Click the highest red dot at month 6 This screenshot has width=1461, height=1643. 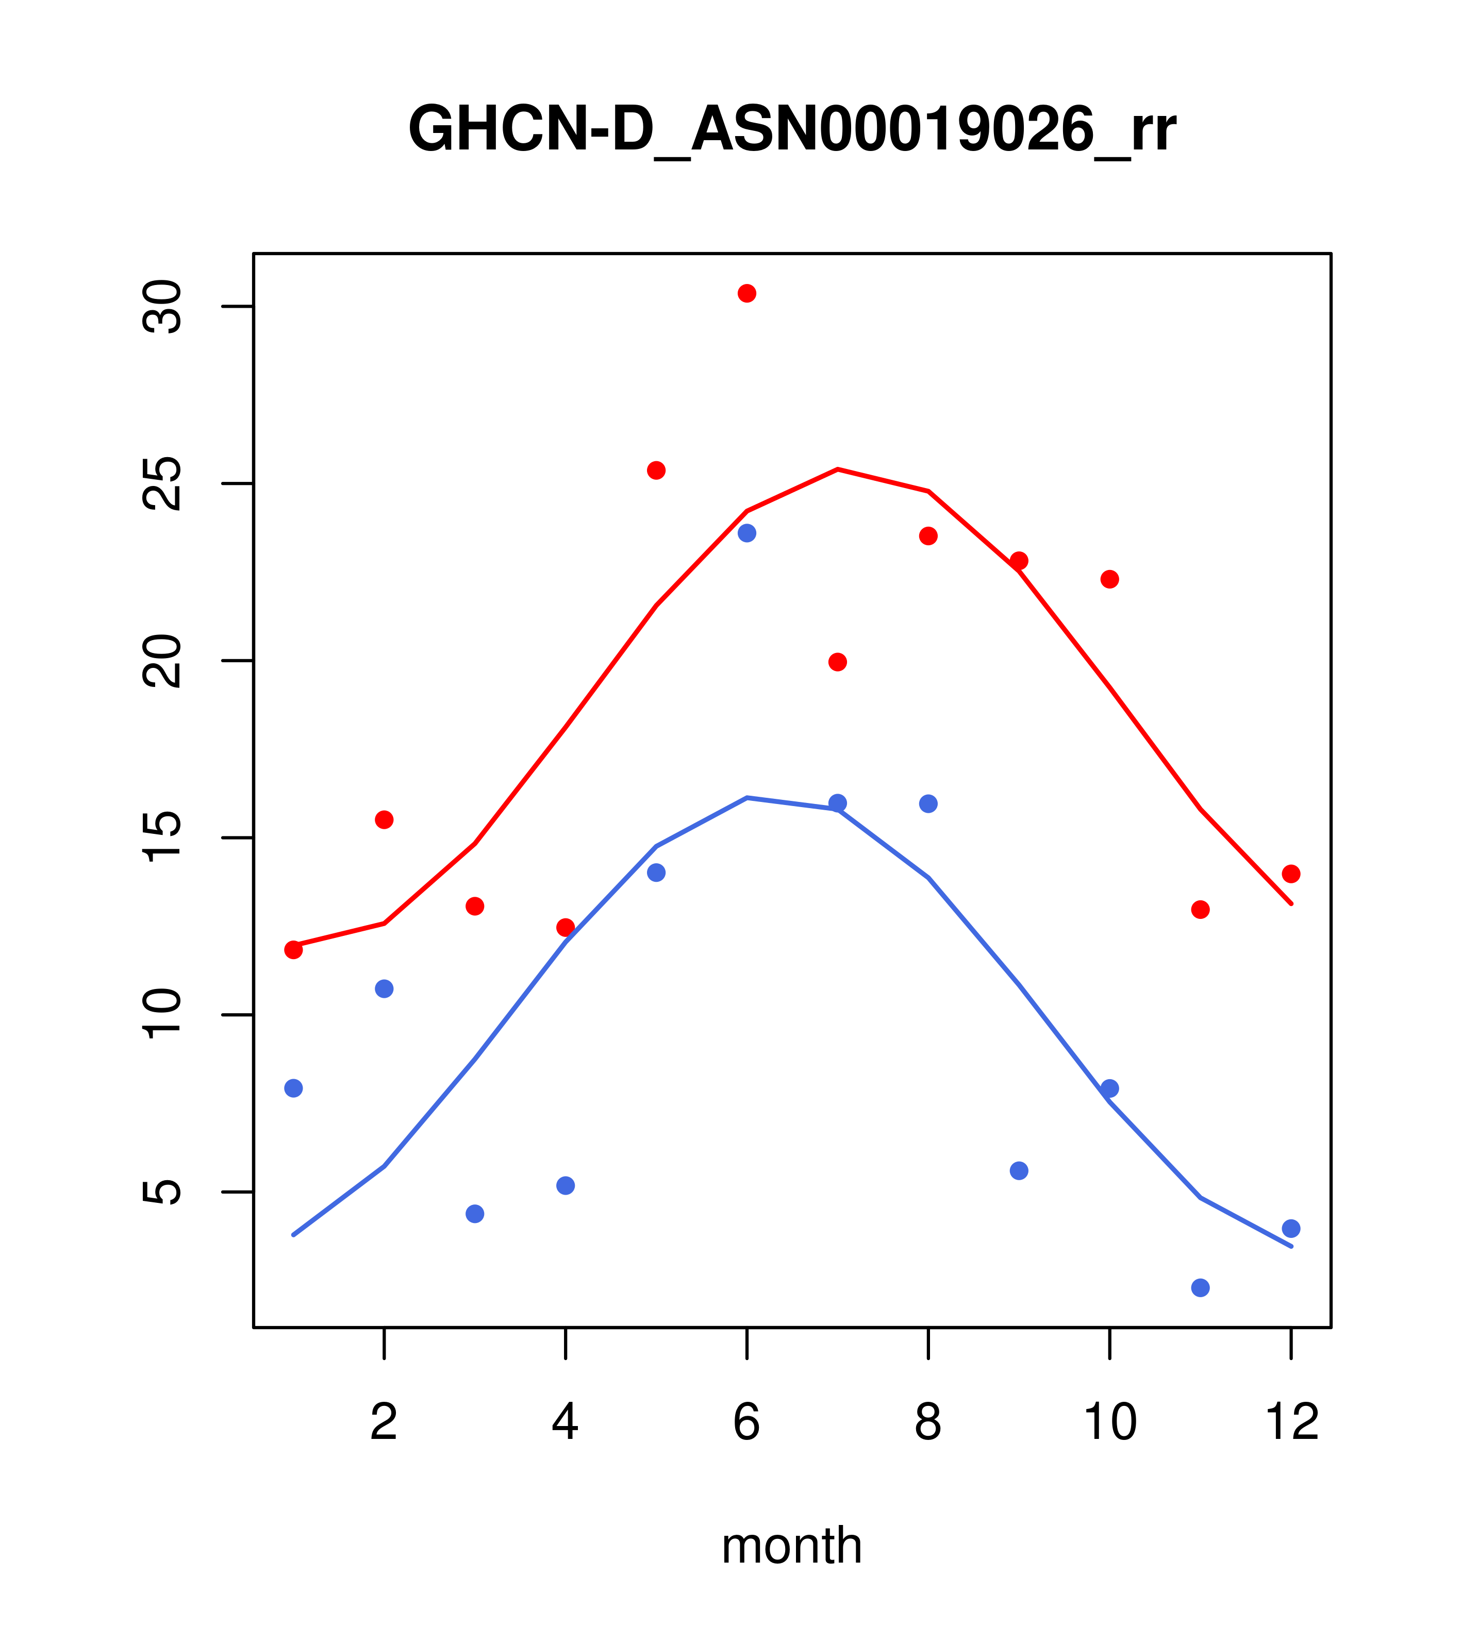pos(747,293)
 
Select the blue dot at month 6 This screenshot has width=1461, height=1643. pos(747,533)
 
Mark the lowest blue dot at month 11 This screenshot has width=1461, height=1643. pos(1201,1288)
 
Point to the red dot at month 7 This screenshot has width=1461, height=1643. pos(838,662)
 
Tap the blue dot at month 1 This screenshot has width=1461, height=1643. pos(293,1087)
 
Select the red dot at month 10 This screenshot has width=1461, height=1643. pos(1109,579)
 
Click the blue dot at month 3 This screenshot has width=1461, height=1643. pos(475,1214)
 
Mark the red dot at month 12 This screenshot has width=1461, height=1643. pos(1291,874)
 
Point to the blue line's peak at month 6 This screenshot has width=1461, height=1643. pos(747,797)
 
